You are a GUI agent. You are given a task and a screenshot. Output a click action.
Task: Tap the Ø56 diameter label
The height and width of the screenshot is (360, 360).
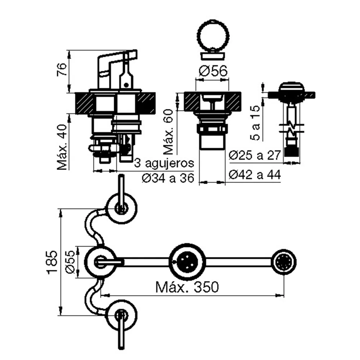pos(213,71)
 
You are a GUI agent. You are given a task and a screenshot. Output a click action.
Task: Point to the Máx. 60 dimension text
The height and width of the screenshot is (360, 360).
pos(168,131)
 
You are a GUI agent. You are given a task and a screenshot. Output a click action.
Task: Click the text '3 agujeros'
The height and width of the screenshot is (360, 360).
pos(164,163)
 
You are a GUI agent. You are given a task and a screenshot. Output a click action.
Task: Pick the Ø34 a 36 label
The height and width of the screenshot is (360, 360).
pos(168,178)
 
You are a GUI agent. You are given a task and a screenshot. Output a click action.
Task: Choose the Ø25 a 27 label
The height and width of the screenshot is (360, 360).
pos(255,156)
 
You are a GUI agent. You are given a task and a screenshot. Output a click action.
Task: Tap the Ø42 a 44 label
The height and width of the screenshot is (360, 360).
pos(255,175)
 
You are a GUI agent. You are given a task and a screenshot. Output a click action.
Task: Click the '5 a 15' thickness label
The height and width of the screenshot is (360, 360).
pos(255,123)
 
